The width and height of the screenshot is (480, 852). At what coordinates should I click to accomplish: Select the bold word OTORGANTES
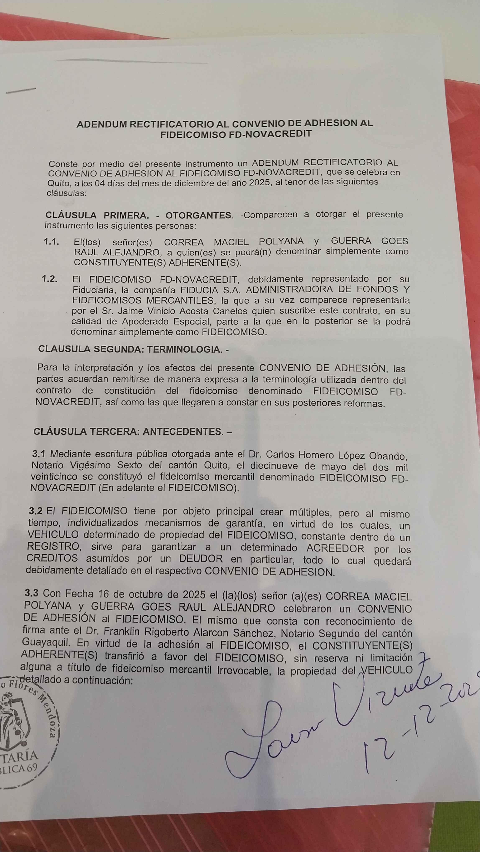[198, 215]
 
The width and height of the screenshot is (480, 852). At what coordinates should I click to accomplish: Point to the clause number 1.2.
[50, 279]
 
